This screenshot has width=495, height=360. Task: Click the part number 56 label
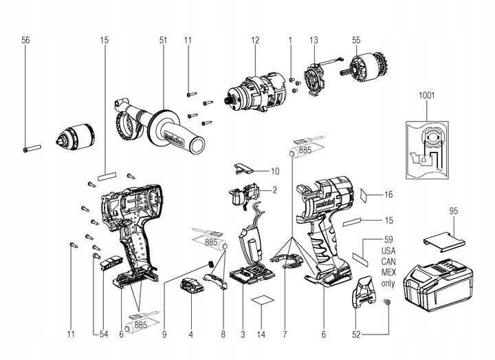point(25,41)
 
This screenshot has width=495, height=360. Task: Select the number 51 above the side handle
point(163,41)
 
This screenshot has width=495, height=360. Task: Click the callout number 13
point(314,41)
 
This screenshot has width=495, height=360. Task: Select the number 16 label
point(388,195)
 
